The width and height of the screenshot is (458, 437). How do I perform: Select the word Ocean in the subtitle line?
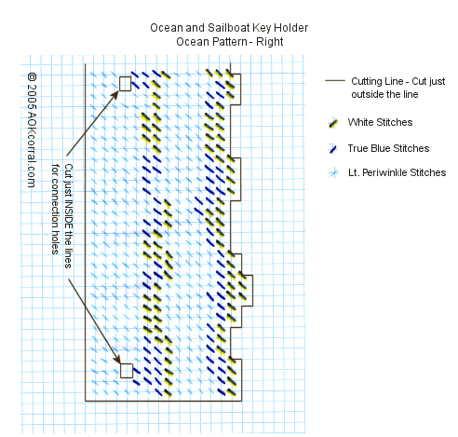coord(189,42)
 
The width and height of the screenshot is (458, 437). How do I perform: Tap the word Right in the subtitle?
coord(269,42)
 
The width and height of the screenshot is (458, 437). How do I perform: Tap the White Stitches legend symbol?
coord(333,123)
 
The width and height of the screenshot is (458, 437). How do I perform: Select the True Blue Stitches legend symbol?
coord(333,148)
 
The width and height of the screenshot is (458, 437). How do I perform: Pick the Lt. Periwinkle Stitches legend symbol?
coord(333,172)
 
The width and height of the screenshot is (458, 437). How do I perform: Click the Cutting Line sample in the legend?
coord(335,80)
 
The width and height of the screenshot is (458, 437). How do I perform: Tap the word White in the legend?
coord(360,122)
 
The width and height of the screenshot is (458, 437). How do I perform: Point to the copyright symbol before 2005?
coord(32,77)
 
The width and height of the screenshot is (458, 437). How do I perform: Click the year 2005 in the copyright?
coord(32,93)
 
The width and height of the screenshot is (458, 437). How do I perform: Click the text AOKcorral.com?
coord(31,146)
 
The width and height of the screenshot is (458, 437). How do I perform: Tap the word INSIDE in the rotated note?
coord(68,213)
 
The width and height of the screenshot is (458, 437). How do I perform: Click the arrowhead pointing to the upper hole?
coord(114,94)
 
